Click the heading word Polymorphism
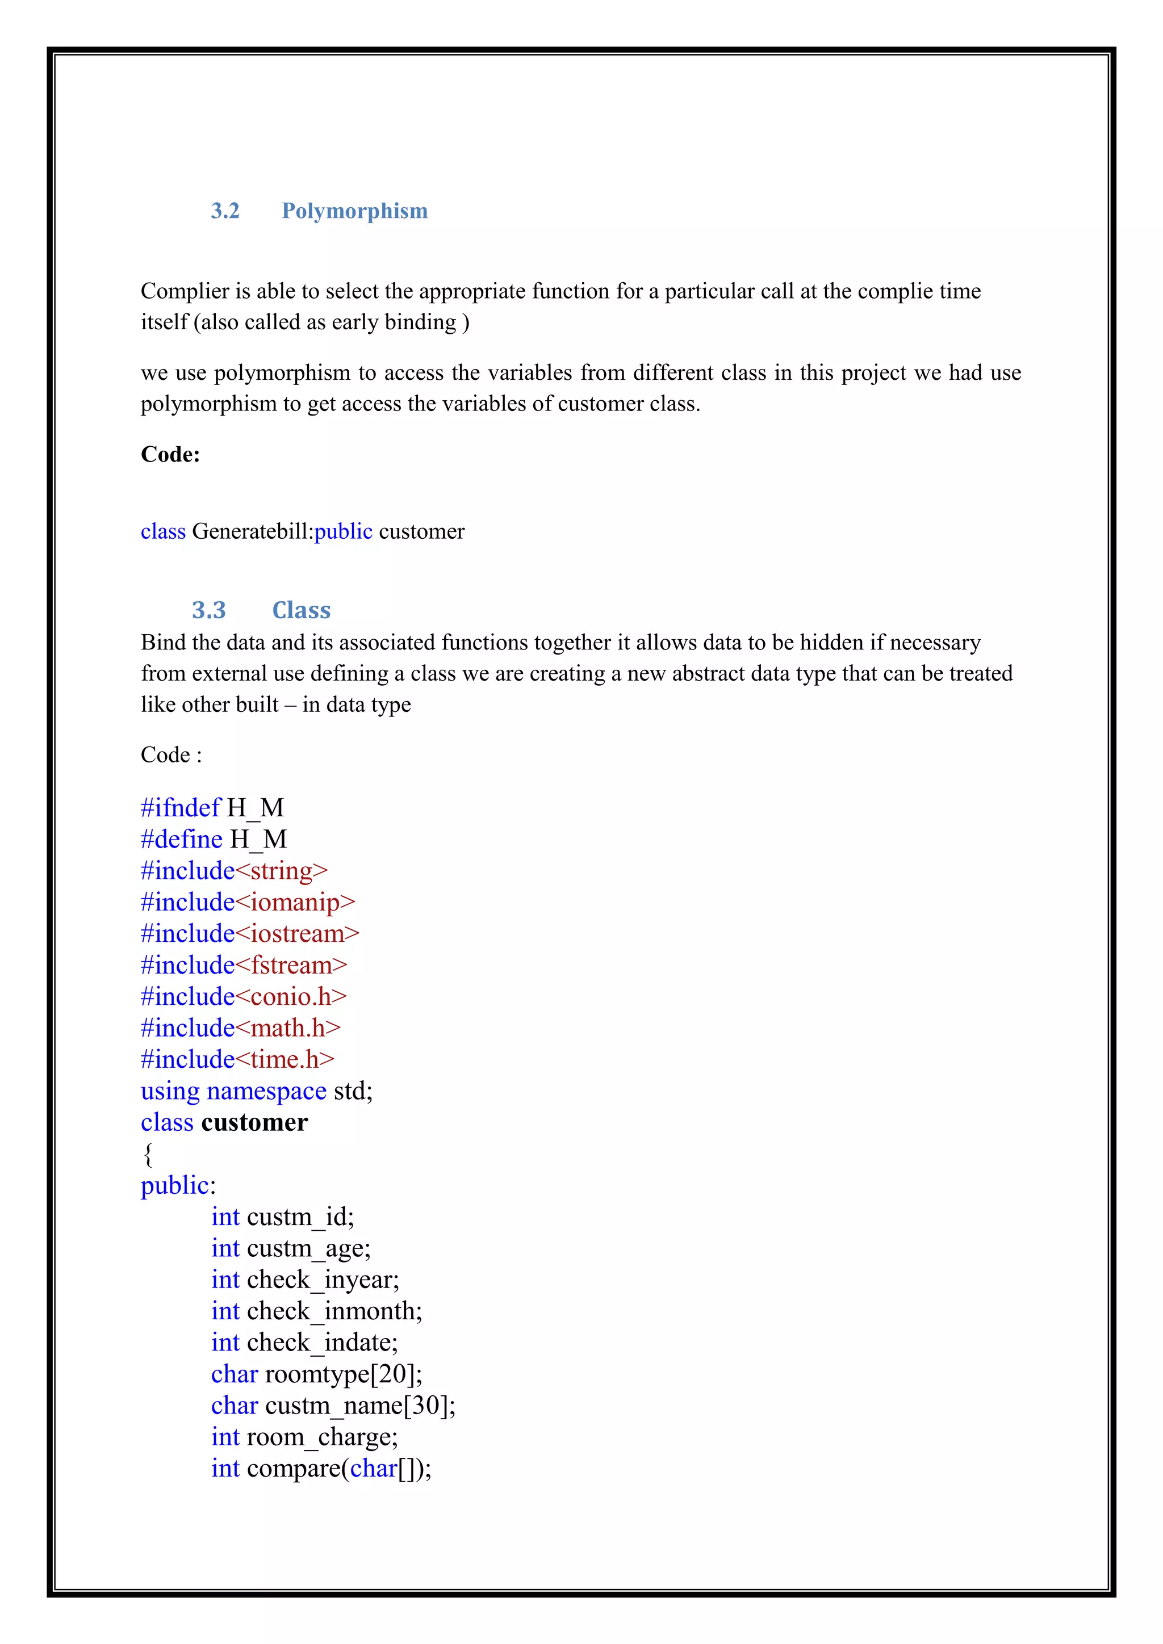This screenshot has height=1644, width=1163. tap(354, 211)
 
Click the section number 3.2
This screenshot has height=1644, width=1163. tap(225, 211)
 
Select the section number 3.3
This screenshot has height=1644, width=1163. tap(208, 610)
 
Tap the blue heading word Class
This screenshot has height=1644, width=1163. tap(301, 610)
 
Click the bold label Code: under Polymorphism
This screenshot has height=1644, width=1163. tap(170, 454)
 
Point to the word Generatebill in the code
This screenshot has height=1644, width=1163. tap(252, 531)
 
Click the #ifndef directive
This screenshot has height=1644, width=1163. tap(181, 808)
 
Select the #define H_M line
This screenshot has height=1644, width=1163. tap(214, 839)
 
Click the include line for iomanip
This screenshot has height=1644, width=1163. tap(248, 902)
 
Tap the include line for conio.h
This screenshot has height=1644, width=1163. tap(244, 997)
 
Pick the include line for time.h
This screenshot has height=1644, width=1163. tap(237, 1060)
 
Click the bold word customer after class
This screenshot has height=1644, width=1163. tap(254, 1123)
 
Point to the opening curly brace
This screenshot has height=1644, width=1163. tap(148, 1154)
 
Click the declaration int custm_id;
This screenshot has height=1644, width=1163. tap(282, 1217)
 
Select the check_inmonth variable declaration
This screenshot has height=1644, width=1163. tap(316, 1312)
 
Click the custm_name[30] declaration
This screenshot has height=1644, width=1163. tap(333, 1406)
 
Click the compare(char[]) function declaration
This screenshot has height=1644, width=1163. tap(321, 1469)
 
